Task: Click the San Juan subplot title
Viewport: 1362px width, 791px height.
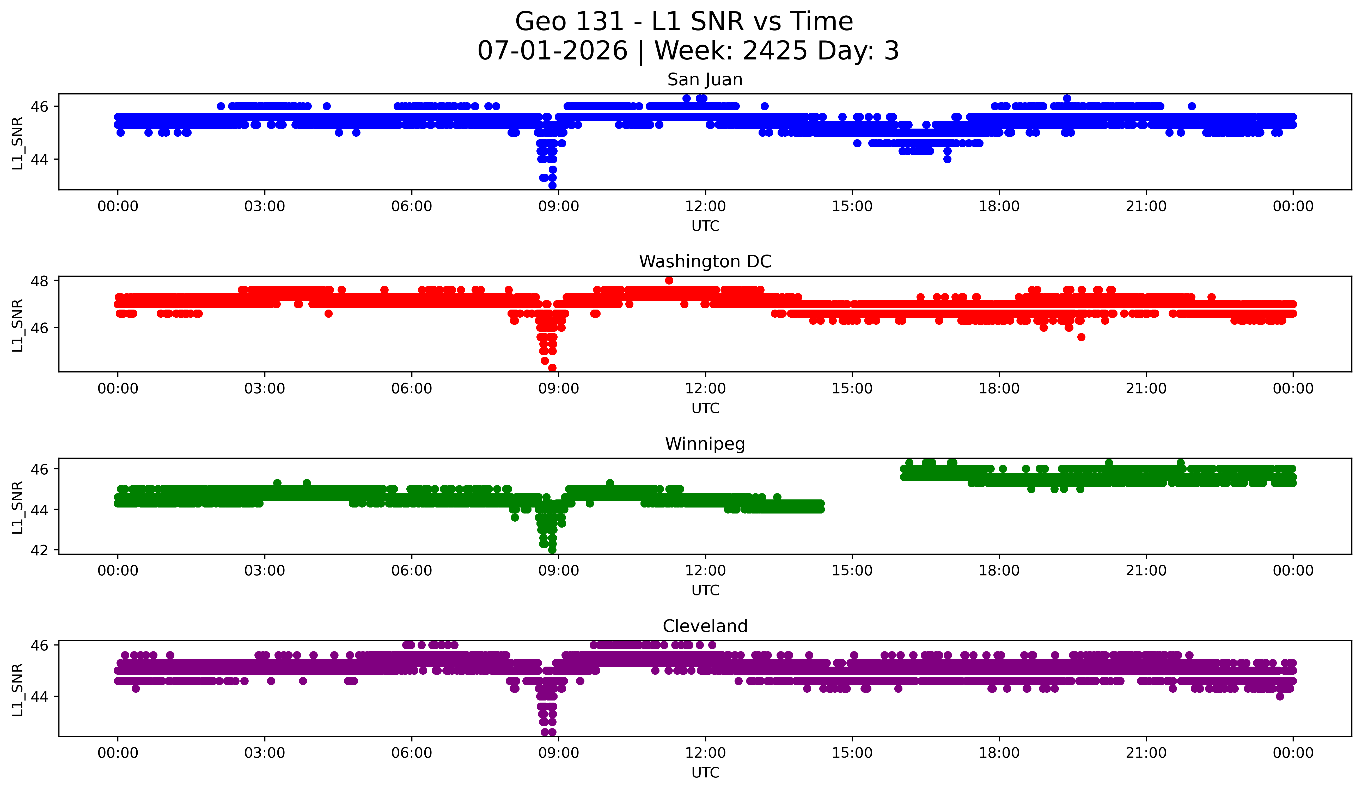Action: click(705, 80)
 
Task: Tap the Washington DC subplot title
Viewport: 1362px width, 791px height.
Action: click(705, 262)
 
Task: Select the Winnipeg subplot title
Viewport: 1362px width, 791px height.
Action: click(705, 444)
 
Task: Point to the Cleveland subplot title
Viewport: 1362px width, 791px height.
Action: click(705, 626)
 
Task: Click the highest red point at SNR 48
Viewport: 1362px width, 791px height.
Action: click(669, 280)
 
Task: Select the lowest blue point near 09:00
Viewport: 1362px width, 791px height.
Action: click(552, 185)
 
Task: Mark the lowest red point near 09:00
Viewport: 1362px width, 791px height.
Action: click(552, 368)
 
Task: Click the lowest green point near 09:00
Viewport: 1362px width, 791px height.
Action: click(552, 550)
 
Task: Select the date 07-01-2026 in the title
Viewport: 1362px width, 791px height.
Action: click(552, 51)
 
